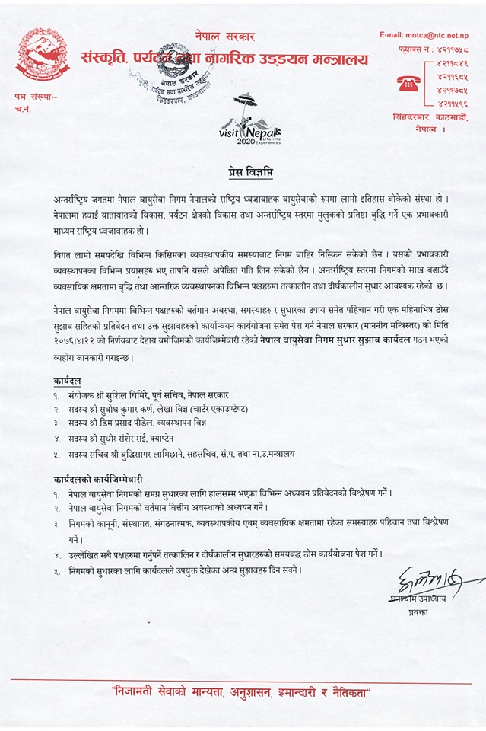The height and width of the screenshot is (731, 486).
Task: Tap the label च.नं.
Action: (23, 111)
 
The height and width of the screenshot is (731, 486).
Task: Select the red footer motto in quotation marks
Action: (242, 693)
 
